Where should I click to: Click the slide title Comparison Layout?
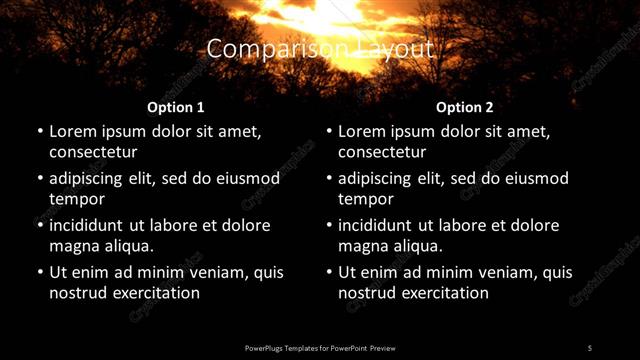(x=320, y=48)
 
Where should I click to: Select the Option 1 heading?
(x=175, y=107)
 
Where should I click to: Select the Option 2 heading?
(x=464, y=107)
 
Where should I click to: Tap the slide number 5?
(x=590, y=347)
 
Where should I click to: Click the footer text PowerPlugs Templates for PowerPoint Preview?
(x=320, y=347)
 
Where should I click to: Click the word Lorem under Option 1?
(x=72, y=131)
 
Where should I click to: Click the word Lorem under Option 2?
(x=361, y=131)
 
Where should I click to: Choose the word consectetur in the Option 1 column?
(x=93, y=152)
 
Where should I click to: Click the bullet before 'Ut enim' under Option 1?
(x=40, y=272)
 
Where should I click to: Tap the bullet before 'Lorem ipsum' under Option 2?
(x=329, y=131)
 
